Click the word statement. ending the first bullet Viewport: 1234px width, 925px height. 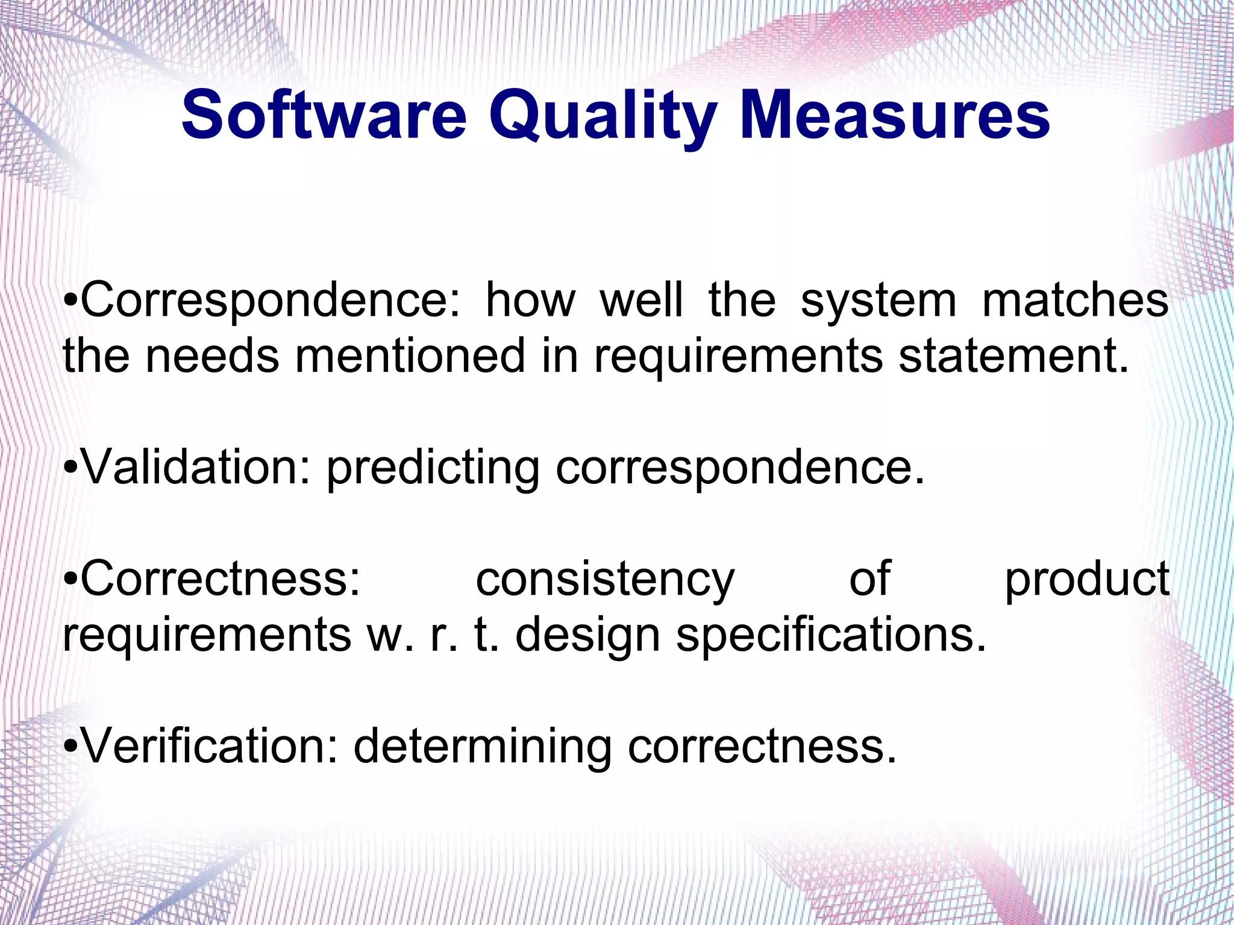[x=1012, y=356]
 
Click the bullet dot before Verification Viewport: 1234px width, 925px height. [x=71, y=747]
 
